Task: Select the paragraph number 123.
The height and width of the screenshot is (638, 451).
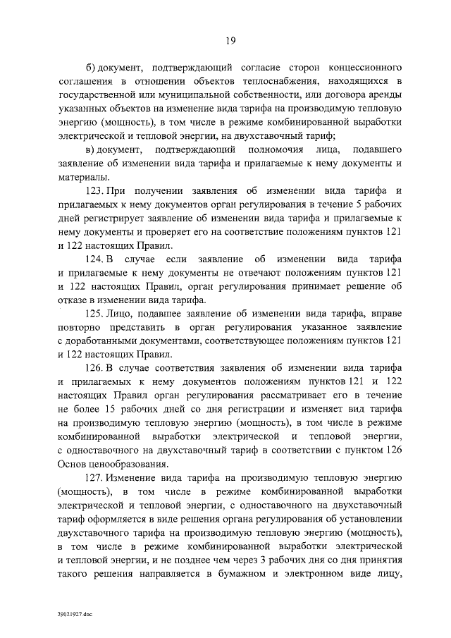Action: (x=95, y=190)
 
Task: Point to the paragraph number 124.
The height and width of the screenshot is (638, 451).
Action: (x=95, y=259)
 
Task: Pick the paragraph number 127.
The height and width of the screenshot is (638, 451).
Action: (x=95, y=478)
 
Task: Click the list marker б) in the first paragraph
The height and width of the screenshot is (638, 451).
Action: (x=89, y=68)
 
